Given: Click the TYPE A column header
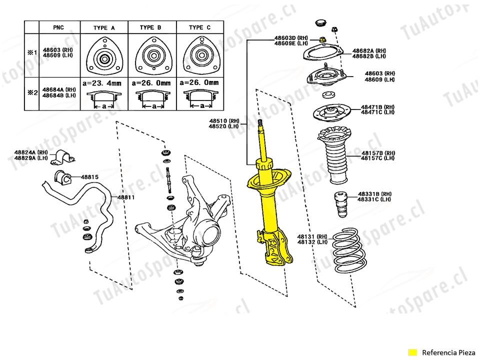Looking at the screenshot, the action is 104,28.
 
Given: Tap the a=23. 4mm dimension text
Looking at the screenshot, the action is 102,83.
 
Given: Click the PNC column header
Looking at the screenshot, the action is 58,27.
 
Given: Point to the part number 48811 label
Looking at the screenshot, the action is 126,197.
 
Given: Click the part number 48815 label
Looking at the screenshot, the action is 89,177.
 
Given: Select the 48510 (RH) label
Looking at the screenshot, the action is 224,121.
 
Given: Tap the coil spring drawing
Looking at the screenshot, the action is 349,250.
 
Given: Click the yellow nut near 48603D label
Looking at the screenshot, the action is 322,39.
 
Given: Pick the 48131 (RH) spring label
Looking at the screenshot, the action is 312,236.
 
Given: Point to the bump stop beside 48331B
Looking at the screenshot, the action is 341,204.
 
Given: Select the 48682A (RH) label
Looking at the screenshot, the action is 369,51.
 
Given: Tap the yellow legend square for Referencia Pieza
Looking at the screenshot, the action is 412,352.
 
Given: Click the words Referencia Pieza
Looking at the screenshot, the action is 448,352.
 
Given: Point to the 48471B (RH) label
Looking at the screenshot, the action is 378,107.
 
